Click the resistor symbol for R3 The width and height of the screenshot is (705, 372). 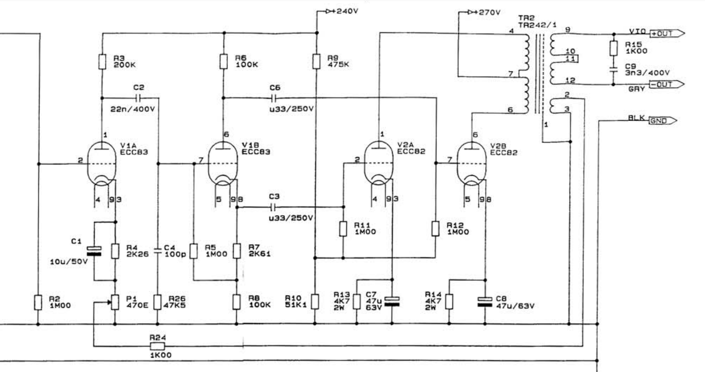click(102, 61)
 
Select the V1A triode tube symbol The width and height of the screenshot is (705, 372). click(102, 164)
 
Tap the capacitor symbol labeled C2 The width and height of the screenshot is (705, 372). click(138, 98)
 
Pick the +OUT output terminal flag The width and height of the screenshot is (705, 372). click(667, 33)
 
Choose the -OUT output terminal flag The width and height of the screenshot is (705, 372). click(667, 84)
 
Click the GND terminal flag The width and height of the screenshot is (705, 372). click(663, 121)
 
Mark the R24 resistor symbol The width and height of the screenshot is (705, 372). click(157, 346)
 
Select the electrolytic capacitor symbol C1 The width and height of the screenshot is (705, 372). click(94, 251)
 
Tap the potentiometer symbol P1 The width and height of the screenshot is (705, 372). click(115, 302)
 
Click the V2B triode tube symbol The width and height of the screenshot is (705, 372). click(471, 164)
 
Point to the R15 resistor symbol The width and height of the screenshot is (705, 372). click(613, 48)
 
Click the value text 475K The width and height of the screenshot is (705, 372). click(338, 64)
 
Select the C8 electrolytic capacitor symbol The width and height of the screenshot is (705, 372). click(485, 301)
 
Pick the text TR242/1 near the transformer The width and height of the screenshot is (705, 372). click(537, 25)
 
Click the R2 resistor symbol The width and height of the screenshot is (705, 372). click(38, 302)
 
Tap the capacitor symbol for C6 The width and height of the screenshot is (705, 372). click(274, 98)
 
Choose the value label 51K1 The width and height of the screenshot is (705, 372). click(296, 305)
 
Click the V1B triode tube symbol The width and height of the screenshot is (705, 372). click(223, 164)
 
